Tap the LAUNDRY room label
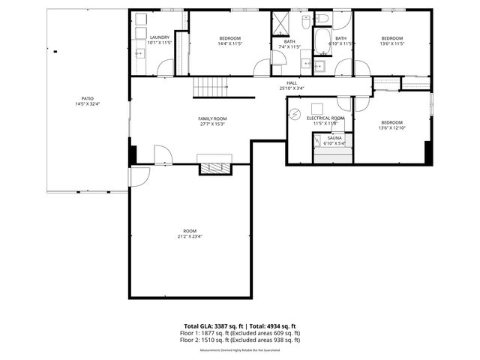click(159, 37)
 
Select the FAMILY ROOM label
click(212, 118)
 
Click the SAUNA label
click(335, 138)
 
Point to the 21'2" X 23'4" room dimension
click(190, 236)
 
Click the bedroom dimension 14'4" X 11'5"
click(229, 43)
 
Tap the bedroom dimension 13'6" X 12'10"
click(391, 127)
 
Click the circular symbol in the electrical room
click(295, 115)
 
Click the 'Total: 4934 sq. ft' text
click(273, 326)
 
